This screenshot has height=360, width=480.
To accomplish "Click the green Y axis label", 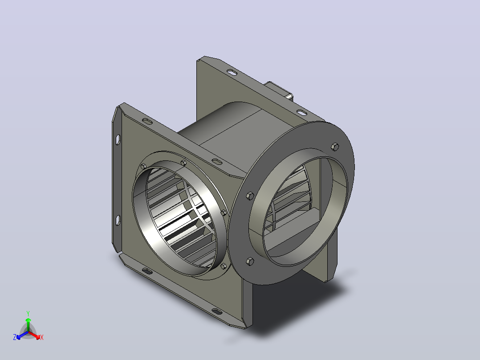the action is click(x=28, y=313).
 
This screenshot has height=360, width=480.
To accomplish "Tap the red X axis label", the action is click(x=42, y=337).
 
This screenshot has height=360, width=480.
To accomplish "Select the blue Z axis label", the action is click(x=15, y=337).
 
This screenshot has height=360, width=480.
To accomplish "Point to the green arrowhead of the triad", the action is click(x=28, y=320).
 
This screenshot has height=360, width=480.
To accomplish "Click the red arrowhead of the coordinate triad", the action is click(x=37, y=337).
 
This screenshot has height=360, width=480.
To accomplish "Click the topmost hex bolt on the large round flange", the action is click(x=335, y=147).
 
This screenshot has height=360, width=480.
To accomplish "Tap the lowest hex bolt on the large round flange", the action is click(x=250, y=262).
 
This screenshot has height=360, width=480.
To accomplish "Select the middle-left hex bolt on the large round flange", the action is click(x=250, y=196).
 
